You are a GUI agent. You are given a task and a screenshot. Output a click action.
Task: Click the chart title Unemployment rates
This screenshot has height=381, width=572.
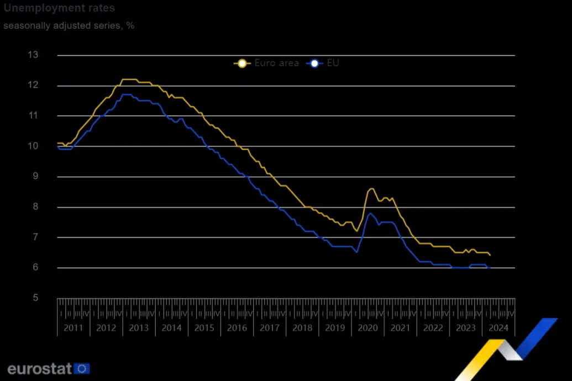pos(59,8)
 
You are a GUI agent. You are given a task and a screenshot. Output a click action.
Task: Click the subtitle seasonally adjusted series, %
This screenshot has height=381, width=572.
pos(69,25)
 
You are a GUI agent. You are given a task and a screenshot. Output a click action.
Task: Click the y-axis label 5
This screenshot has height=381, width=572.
pos(36,298)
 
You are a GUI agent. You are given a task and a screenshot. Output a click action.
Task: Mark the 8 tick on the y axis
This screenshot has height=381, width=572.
pos(36,207)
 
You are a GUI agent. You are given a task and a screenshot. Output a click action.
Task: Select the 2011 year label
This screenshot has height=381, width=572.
pos(74,327)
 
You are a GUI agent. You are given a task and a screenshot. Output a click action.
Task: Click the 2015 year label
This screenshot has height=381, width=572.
pos(204,327)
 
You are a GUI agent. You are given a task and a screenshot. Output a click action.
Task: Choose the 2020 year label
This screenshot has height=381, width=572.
pos(368,327)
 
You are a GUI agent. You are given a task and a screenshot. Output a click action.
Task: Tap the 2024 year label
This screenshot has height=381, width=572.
pos(498,327)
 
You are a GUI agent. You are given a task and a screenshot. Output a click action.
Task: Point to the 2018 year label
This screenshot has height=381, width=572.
pos(302,327)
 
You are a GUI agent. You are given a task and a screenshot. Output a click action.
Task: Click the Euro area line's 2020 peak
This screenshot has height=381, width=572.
pos(371,189)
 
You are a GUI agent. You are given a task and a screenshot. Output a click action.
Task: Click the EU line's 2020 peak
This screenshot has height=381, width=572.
pos(370,213)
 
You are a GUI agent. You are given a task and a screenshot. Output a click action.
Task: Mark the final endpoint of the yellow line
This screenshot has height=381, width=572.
pos(490,255)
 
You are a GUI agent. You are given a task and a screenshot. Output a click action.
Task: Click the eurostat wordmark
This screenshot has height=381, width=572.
pos(40,368)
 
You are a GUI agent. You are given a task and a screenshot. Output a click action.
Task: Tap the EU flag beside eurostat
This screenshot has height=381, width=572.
pos(82,368)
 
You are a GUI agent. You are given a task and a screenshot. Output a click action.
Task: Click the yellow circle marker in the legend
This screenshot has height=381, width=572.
pos(241,63)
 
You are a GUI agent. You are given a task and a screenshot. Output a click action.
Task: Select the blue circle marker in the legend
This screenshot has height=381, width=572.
pos(314,63)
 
